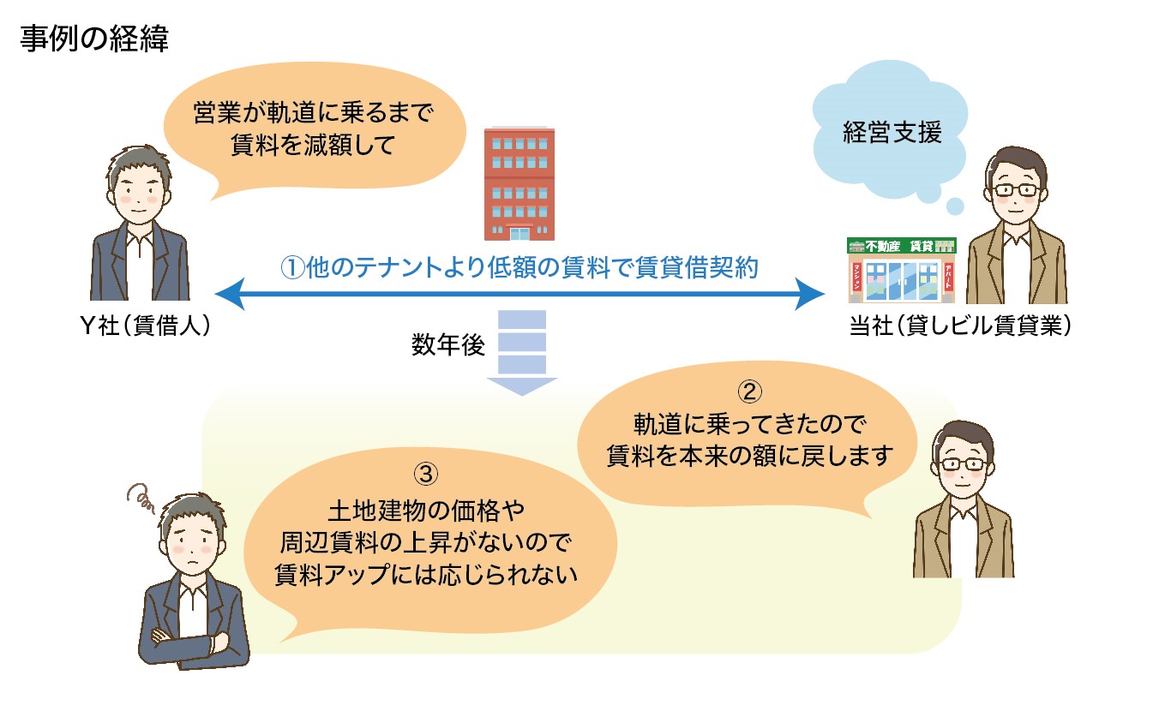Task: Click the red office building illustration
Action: point(519,183)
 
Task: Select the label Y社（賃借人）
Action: point(142,328)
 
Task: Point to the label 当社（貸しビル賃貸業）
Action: point(959,328)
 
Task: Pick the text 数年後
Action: point(448,346)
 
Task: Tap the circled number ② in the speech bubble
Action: point(748,392)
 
